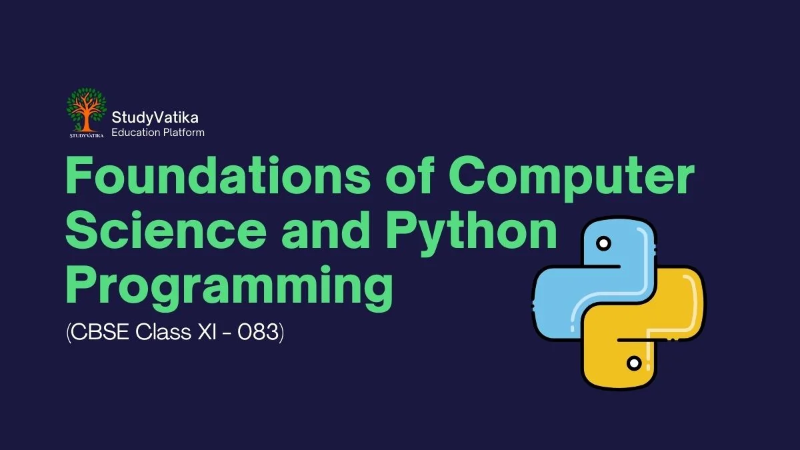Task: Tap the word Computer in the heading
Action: (x=571, y=179)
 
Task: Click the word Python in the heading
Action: (x=471, y=235)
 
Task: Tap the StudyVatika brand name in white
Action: (x=155, y=118)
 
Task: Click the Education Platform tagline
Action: (x=158, y=133)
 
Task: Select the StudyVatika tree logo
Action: (x=87, y=113)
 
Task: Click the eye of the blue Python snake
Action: (x=603, y=244)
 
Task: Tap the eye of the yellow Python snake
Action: (x=634, y=363)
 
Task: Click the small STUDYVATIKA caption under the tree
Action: (x=87, y=136)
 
